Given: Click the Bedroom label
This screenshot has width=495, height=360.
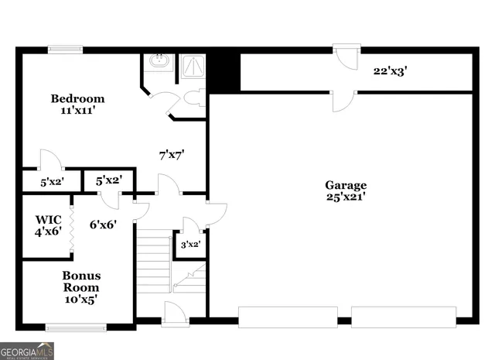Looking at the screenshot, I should pyautogui.click(x=77, y=99).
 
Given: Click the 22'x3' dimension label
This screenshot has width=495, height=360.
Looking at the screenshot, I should pyautogui.click(x=390, y=70).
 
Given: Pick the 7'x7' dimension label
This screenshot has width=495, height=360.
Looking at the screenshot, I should pyautogui.click(x=172, y=155).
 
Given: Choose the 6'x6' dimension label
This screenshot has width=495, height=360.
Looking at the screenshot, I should pyautogui.click(x=103, y=225).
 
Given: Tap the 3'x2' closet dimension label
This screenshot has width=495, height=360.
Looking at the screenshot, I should pyautogui.click(x=190, y=244).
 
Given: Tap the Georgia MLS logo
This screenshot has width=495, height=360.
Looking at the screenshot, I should pyautogui.click(x=28, y=351).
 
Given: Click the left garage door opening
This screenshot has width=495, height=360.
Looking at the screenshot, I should pyautogui.click(x=287, y=317).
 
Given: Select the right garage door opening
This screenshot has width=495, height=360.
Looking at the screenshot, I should pyautogui.click(x=403, y=317).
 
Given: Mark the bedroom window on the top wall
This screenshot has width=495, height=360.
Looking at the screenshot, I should pyautogui.click(x=66, y=50).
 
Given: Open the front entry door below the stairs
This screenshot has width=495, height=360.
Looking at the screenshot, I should pyautogui.click(x=175, y=316).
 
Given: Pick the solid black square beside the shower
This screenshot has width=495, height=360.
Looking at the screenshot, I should pyautogui.click(x=224, y=70).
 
